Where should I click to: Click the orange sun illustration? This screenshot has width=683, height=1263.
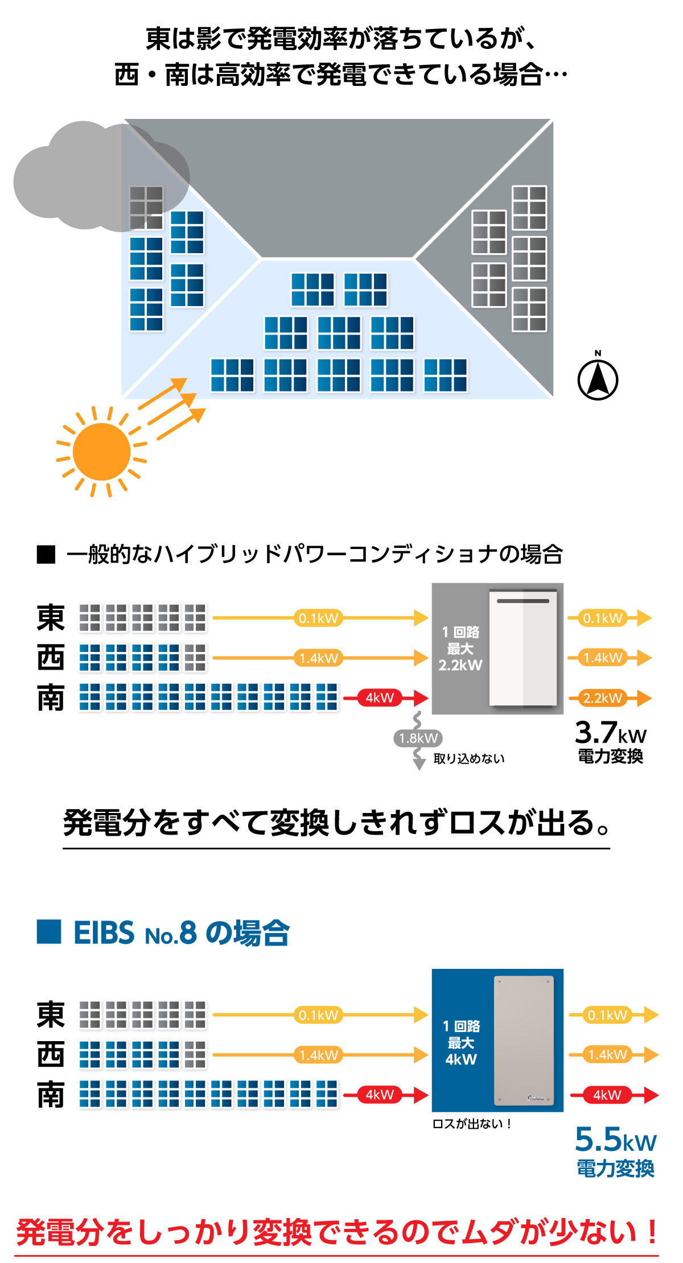click(102, 452)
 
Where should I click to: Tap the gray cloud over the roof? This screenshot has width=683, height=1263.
click(85, 176)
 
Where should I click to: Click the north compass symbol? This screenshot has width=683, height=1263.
click(598, 379)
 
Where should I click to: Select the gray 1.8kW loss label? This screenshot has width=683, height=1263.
click(418, 738)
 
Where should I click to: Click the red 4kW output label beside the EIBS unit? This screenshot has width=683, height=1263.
click(607, 1095)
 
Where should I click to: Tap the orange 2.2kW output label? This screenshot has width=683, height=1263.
click(602, 697)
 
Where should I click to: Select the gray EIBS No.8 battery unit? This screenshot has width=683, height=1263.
click(524, 1040)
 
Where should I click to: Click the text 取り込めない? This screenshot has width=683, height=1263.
click(469, 758)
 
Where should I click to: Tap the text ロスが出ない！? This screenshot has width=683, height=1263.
click(472, 1124)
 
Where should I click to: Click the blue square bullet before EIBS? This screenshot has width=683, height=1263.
click(49, 932)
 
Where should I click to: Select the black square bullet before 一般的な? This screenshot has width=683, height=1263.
click(46, 554)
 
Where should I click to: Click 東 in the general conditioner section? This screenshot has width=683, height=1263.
click(51, 618)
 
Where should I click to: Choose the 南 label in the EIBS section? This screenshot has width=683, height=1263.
click(51, 1095)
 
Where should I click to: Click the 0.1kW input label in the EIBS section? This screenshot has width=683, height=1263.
click(318, 1014)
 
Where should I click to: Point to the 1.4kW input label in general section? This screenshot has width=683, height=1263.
click(318, 658)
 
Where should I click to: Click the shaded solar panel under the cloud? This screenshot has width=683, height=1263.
click(146, 207)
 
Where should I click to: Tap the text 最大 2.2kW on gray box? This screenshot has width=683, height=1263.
click(460, 657)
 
